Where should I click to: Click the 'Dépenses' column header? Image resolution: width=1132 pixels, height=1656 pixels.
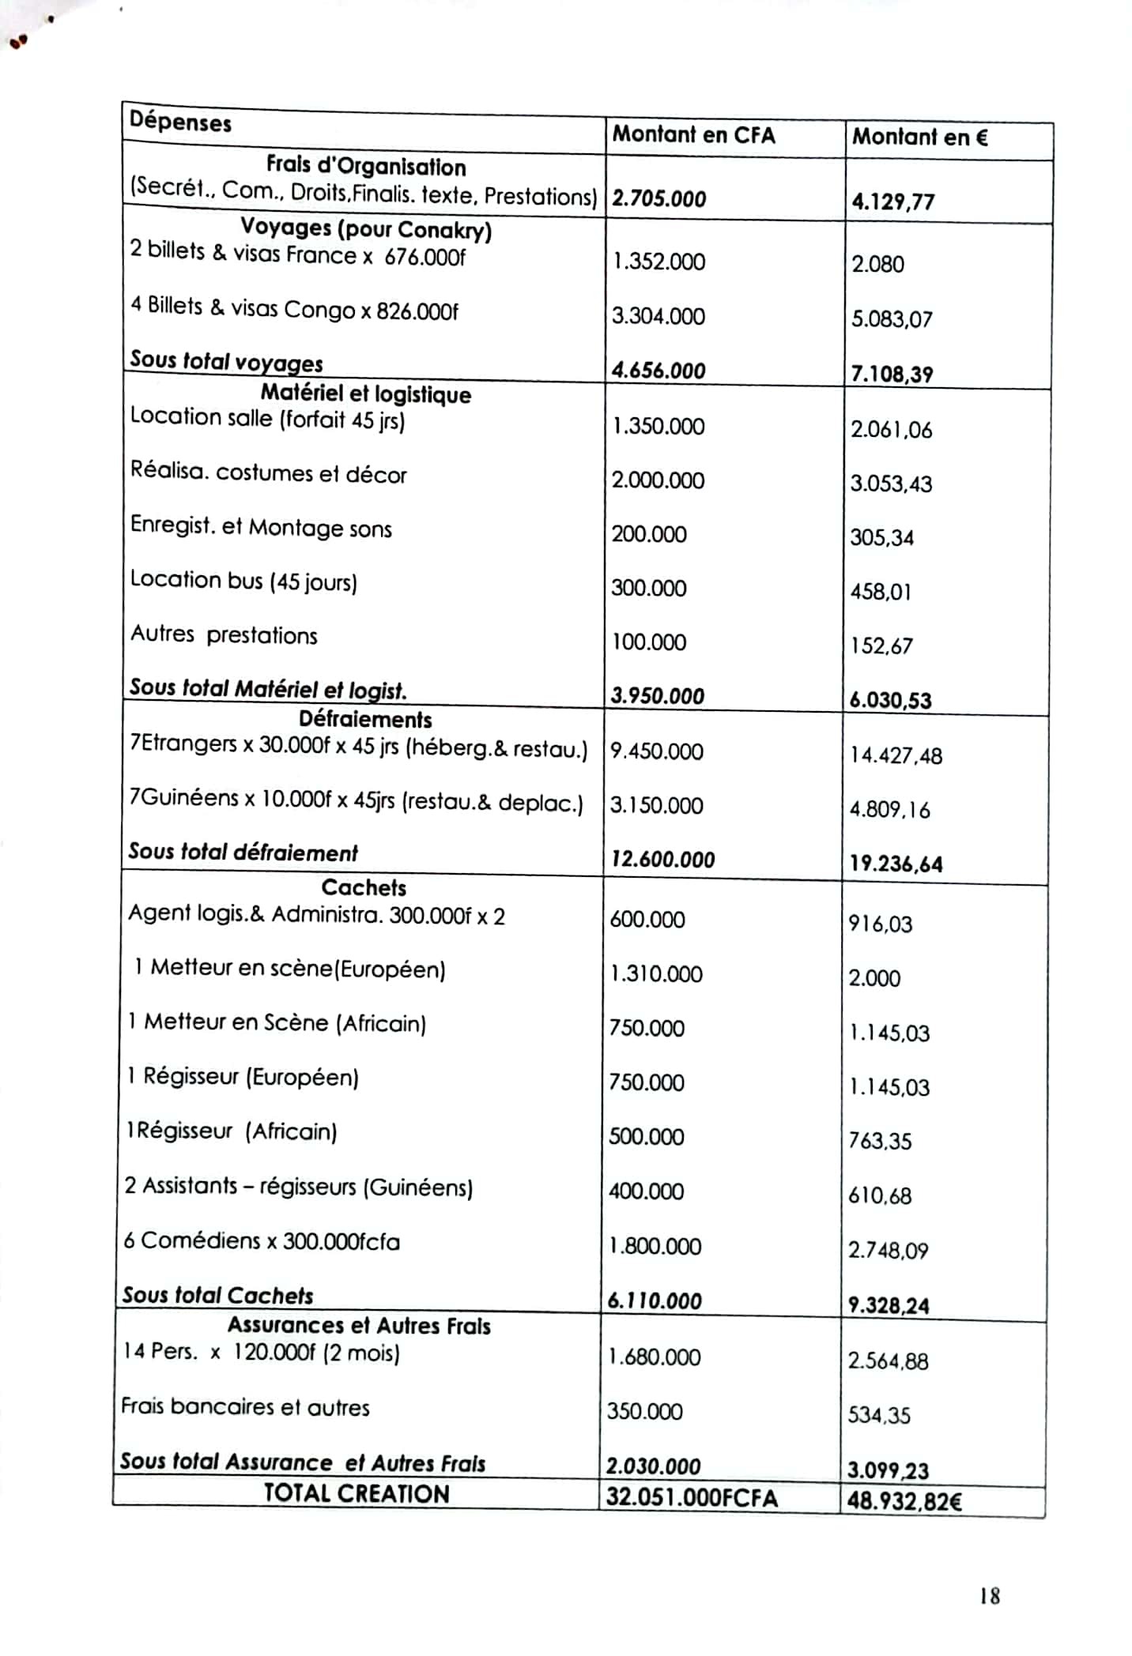point(180,122)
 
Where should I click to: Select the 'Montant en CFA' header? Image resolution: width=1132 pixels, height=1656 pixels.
point(693,134)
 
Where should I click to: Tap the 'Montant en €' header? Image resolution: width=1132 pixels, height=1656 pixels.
point(919,137)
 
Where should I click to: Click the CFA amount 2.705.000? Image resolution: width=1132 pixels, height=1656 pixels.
point(658,198)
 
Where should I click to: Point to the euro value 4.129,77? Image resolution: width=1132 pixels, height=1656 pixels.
point(892,201)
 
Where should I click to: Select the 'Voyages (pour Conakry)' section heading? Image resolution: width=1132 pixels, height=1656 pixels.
point(366,229)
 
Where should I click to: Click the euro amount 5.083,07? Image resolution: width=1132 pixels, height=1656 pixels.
point(892,319)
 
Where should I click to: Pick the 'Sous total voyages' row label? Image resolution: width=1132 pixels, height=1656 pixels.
point(226,361)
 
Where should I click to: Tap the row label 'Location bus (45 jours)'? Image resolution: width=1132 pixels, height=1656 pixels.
point(243,581)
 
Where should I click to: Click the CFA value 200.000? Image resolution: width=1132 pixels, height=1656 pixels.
point(648,534)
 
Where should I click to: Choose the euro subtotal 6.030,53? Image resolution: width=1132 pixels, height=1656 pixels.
point(890,700)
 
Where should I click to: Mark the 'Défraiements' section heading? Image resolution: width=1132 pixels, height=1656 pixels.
point(365,719)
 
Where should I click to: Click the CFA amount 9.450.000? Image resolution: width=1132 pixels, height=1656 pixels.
point(656,751)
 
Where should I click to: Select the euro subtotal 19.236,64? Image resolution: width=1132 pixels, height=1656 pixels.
point(896,864)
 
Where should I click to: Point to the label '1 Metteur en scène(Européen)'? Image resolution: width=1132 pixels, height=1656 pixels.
point(289,968)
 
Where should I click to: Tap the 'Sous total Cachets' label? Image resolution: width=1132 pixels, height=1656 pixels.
point(217,1295)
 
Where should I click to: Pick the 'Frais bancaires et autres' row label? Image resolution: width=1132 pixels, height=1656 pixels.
point(245,1407)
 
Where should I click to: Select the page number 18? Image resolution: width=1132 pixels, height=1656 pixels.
point(989,1596)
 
